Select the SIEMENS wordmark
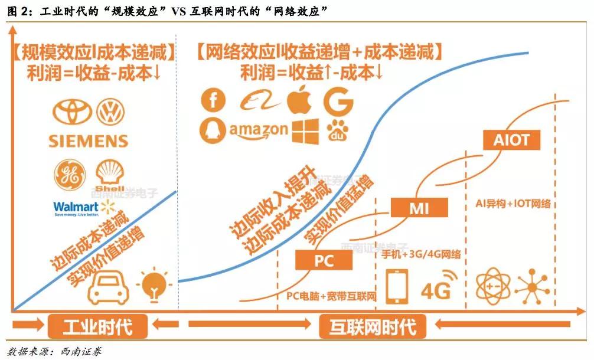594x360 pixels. pyautogui.click(x=89, y=141)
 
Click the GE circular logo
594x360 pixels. pyautogui.click(x=66, y=173)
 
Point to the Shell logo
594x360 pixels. pyautogui.click(x=109, y=174)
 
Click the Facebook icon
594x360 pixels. pyautogui.click(x=213, y=100)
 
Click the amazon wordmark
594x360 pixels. pyautogui.click(x=259, y=130)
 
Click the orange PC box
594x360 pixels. pyautogui.click(x=324, y=260)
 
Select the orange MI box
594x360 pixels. pyautogui.click(x=419, y=208)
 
